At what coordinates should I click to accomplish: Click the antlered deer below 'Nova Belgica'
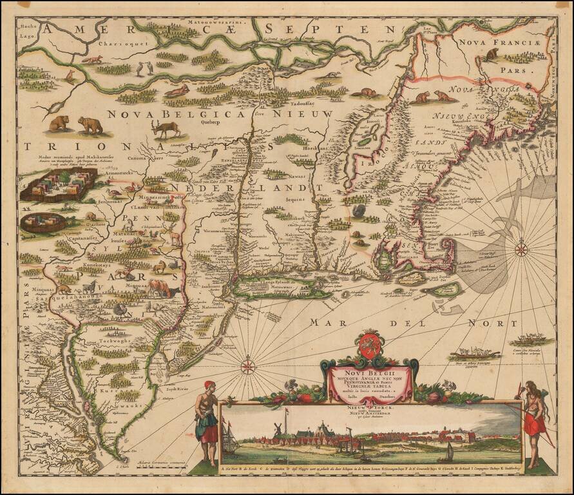pyautogui.click(x=167, y=128)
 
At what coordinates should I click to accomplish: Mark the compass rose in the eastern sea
pyautogui.click(x=522, y=248)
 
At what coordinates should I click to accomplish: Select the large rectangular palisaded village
pyautogui.click(x=59, y=186)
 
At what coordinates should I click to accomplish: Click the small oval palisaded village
pyautogui.click(x=43, y=222)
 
